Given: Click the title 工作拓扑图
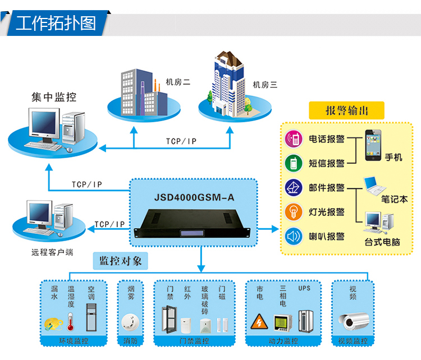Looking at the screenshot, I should coord(56,24).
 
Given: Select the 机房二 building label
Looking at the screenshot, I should coord(178,82).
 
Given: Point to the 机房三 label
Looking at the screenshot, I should coord(265,85).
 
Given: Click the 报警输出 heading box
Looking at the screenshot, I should coord(347,110).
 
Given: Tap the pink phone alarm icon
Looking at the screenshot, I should coord(293,139).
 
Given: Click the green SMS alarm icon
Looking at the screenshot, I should coord(293,163).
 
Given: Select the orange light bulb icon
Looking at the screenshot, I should coord(293,211).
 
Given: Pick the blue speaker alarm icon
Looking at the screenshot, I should coord(293,236).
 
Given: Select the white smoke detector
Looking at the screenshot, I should coord(129,321).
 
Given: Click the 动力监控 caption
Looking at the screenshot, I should coord(283,341).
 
